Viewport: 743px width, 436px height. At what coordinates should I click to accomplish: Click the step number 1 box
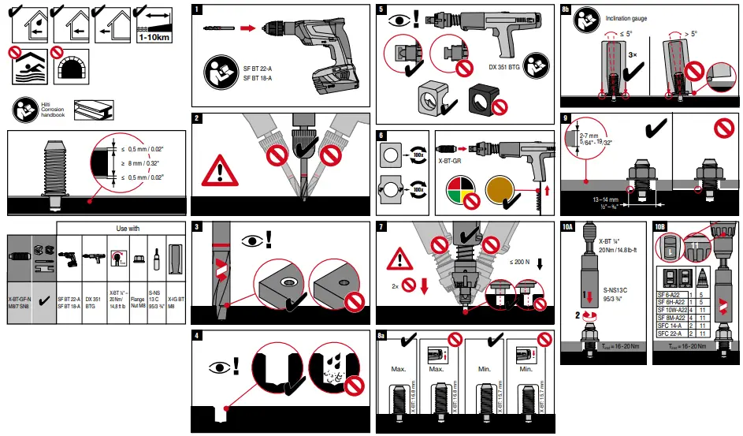pos(199,10)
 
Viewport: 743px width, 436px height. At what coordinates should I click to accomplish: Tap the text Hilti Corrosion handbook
pos(52,110)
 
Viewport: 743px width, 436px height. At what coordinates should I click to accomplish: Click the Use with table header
pos(127,229)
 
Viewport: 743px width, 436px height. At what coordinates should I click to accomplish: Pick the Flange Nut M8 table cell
pos(137,304)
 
